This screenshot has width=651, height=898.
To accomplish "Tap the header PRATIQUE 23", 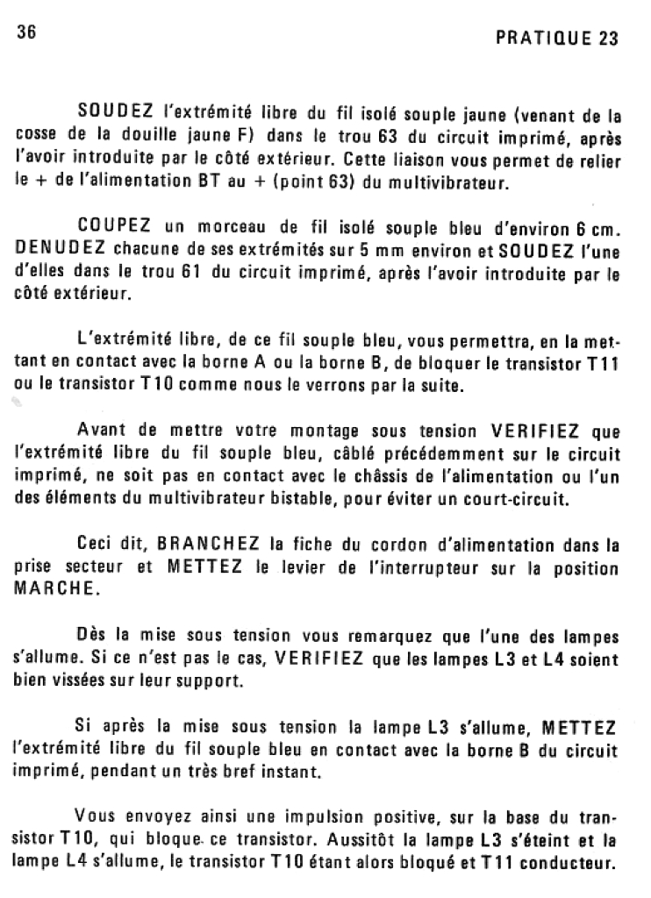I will pos(557,39).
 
